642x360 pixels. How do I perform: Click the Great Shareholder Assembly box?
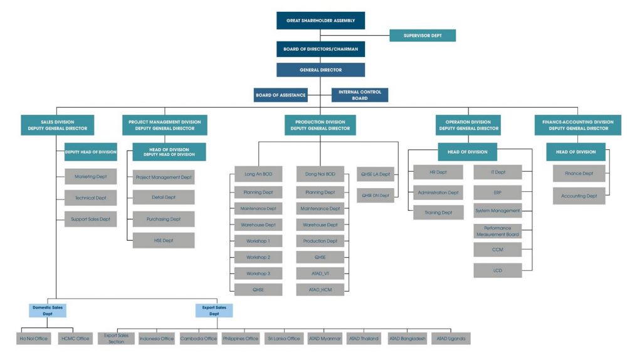[x=320, y=20]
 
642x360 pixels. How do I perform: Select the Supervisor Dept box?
[x=422, y=36]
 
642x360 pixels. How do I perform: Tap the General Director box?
[x=320, y=70]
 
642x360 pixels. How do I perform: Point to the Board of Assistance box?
[x=280, y=95]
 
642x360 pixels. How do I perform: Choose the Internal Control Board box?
[x=360, y=95]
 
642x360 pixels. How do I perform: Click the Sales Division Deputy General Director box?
[x=58, y=125]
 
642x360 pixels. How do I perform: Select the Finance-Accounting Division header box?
[x=578, y=125]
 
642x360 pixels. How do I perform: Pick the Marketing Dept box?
[x=90, y=177]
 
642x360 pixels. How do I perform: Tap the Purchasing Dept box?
[x=163, y=219]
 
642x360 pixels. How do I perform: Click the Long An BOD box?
[x=258, y=174]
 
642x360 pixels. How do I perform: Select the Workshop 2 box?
[x=258, y=257]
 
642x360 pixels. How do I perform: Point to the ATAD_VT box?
[x=320, y=273]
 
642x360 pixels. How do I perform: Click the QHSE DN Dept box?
[x=375, y=196]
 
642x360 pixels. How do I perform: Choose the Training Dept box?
[x=438, y=213]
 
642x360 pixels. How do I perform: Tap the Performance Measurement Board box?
[x=497, y=231]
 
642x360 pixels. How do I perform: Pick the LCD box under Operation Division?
[x=497, y=271]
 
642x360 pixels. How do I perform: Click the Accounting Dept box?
[x=579, y=196]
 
